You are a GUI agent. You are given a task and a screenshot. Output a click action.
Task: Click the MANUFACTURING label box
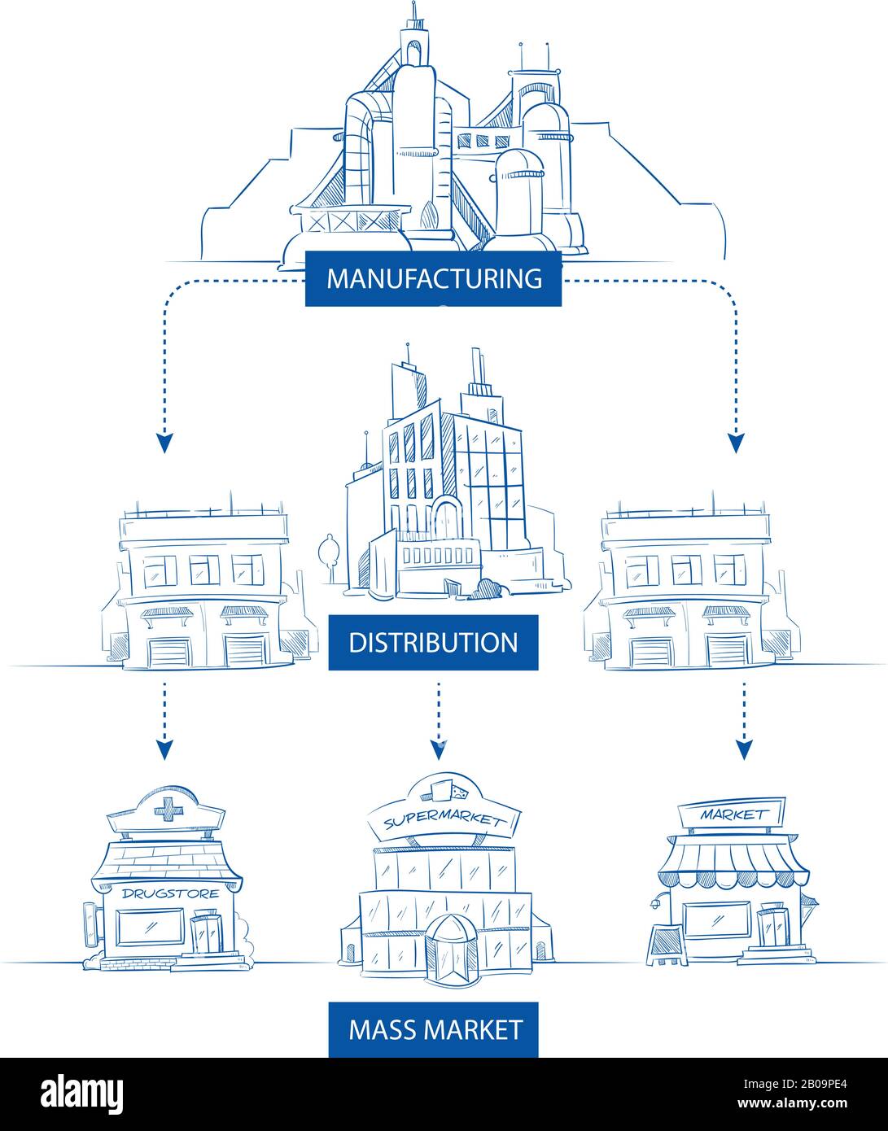tap(433, 278)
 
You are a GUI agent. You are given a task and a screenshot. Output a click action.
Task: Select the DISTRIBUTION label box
tap(433, 642)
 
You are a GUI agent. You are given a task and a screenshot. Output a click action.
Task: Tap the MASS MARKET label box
tap(434, 1029)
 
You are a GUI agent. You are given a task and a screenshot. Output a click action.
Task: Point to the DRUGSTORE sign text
tap(169, 893)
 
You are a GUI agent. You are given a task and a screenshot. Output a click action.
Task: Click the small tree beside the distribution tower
tap(328, 552)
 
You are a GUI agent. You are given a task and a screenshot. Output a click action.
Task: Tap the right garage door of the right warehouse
tap(725, 652)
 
